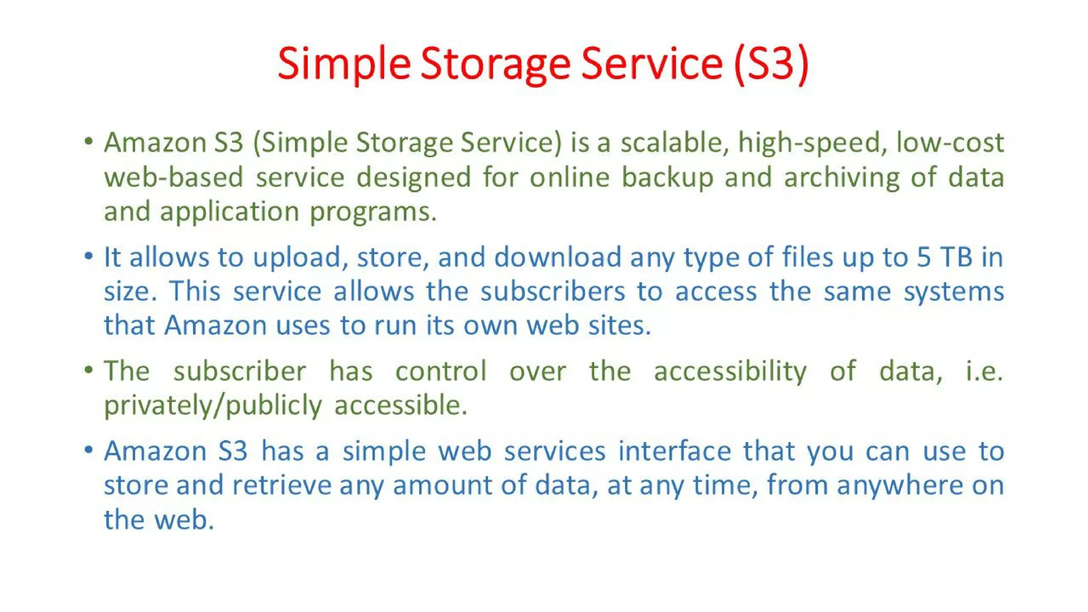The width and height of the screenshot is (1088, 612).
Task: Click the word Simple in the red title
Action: click(x=344, y=64)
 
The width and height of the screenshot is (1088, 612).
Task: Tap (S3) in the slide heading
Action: click(x=771, y=64)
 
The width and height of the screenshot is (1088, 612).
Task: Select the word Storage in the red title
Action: click(x=495, y=64)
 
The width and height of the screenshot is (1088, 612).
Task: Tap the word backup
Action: click(x=667, y=177)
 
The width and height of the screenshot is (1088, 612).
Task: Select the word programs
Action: click(x=373, y=212)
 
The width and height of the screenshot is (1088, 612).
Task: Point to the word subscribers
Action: click(x=552, y=292)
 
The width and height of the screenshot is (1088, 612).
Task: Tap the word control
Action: click(x=441, y=371)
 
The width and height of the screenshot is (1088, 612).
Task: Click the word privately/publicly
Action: click(x=212, y=406)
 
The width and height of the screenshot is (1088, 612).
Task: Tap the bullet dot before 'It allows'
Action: click(x=89, y=257)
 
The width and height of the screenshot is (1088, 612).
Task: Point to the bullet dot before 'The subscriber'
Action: click(x=89, y=370)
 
